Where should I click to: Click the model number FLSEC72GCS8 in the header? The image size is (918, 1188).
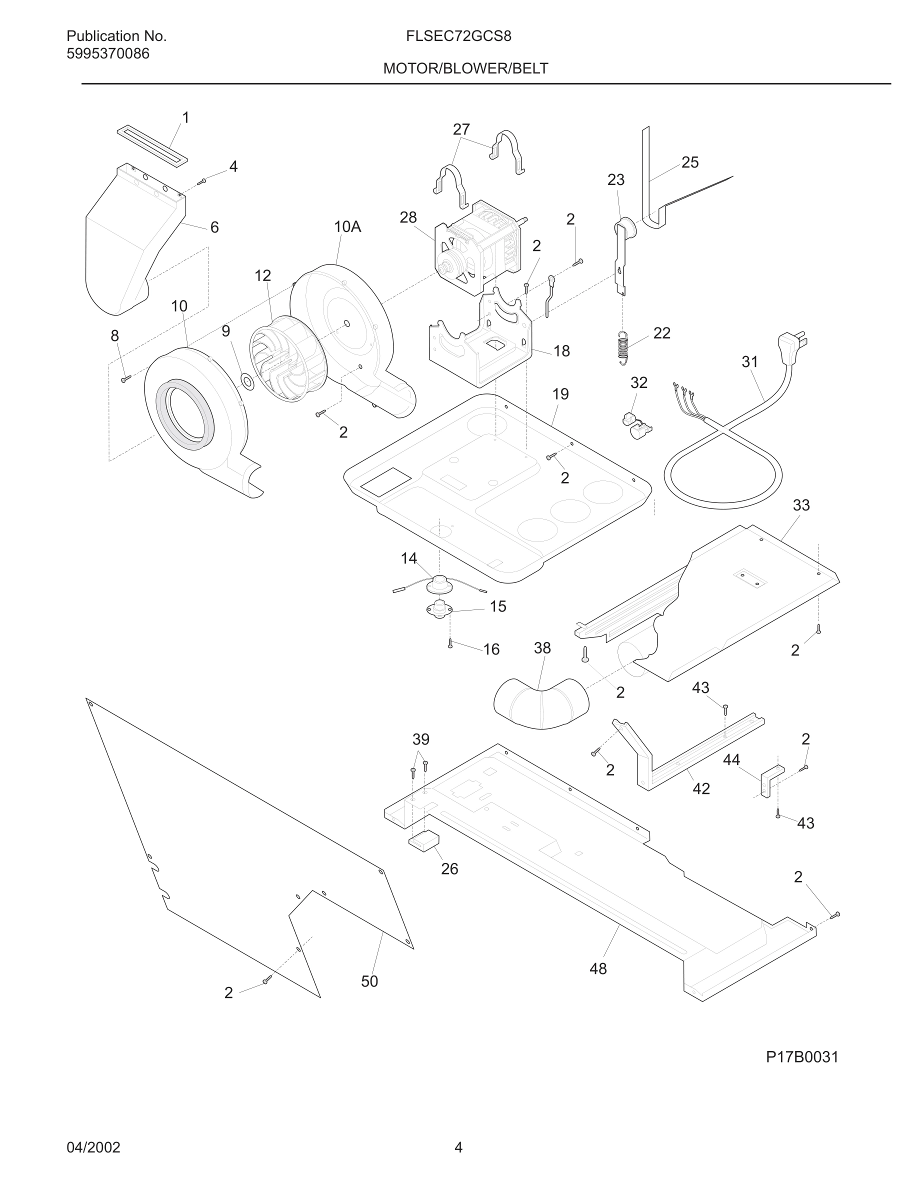[458, 36]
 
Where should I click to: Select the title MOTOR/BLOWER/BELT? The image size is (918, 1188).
[465, 68]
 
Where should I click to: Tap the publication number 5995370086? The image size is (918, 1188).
[107, 54]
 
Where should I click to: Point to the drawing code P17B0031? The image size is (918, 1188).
[802, 1057]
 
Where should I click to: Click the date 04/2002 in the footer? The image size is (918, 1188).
[93, 1147]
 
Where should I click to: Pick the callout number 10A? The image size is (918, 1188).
[347, 227]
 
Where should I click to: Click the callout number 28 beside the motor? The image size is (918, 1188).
[408, 217]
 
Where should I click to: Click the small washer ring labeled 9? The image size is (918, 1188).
[247, 382]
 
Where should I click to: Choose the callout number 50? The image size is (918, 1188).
[369, 981]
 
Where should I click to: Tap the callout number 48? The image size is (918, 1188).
[597, 969]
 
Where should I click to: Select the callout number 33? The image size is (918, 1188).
[801, 505]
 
